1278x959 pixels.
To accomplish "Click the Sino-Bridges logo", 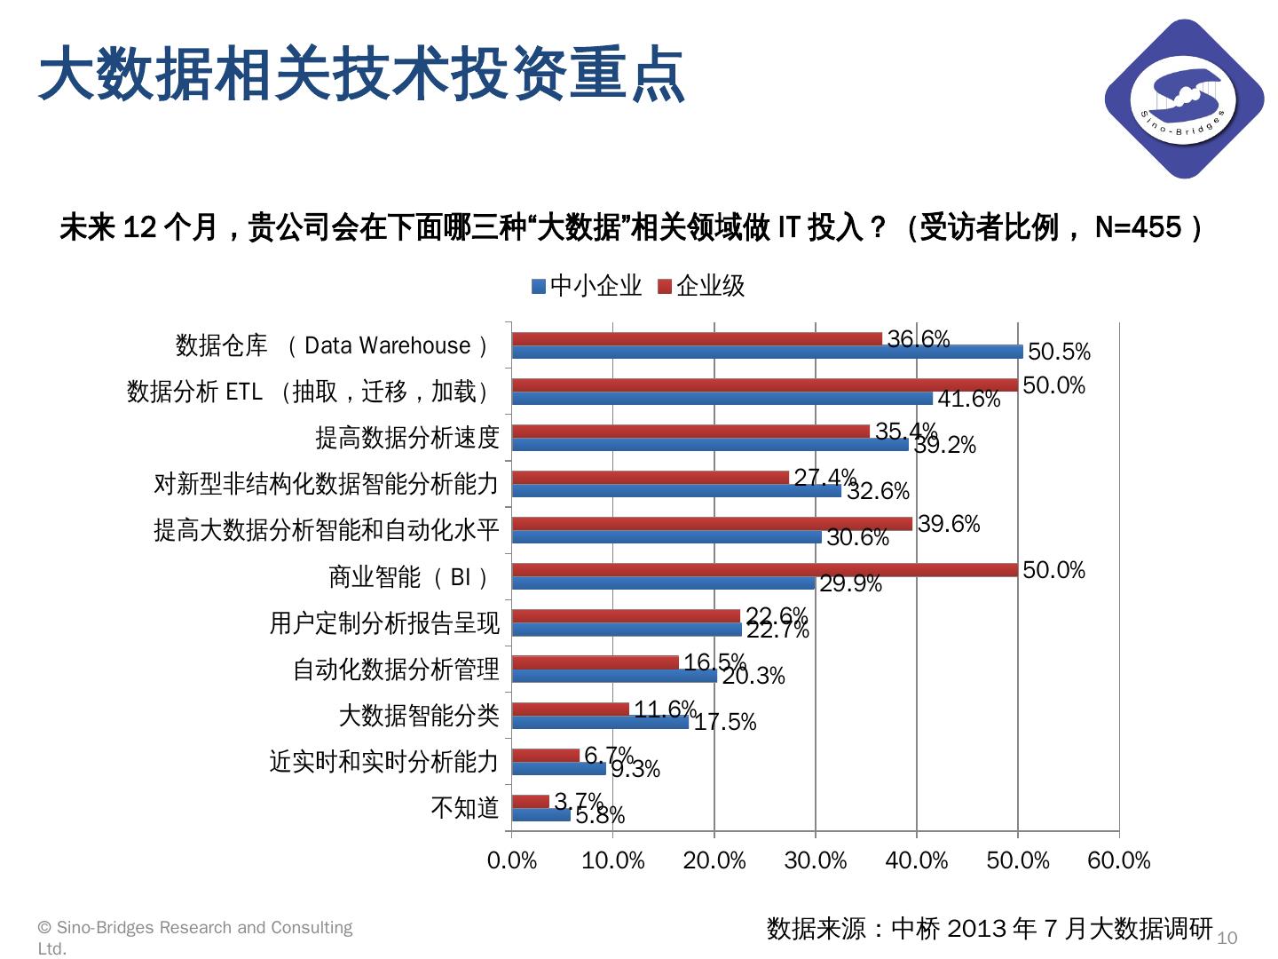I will coord(1183,99).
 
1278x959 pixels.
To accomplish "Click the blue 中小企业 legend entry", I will coord(587,286).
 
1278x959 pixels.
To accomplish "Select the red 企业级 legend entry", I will coord(701,286).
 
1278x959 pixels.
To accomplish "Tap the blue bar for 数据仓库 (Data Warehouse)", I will coord(767,352).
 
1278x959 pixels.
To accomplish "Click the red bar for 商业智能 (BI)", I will coord(764,570).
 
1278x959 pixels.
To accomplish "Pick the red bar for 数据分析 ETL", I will coord(764,385).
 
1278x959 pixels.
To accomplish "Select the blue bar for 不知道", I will coord(541,814).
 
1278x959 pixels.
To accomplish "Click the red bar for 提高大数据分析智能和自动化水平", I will coord(712,524).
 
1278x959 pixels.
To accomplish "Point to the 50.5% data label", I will coord(1059,353).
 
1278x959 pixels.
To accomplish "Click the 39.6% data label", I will coord(949,525).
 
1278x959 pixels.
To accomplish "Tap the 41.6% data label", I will coord(969,400).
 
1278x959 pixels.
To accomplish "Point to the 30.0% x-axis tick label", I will coord(816,860).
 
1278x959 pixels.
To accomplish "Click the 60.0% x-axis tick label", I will coord(1119,860).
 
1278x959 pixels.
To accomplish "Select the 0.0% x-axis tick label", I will coord(512,860).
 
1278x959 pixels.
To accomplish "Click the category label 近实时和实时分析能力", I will coord(384,762).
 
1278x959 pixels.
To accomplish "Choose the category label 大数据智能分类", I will coord(419,716).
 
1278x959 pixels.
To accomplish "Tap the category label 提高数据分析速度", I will coord(407,438).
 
